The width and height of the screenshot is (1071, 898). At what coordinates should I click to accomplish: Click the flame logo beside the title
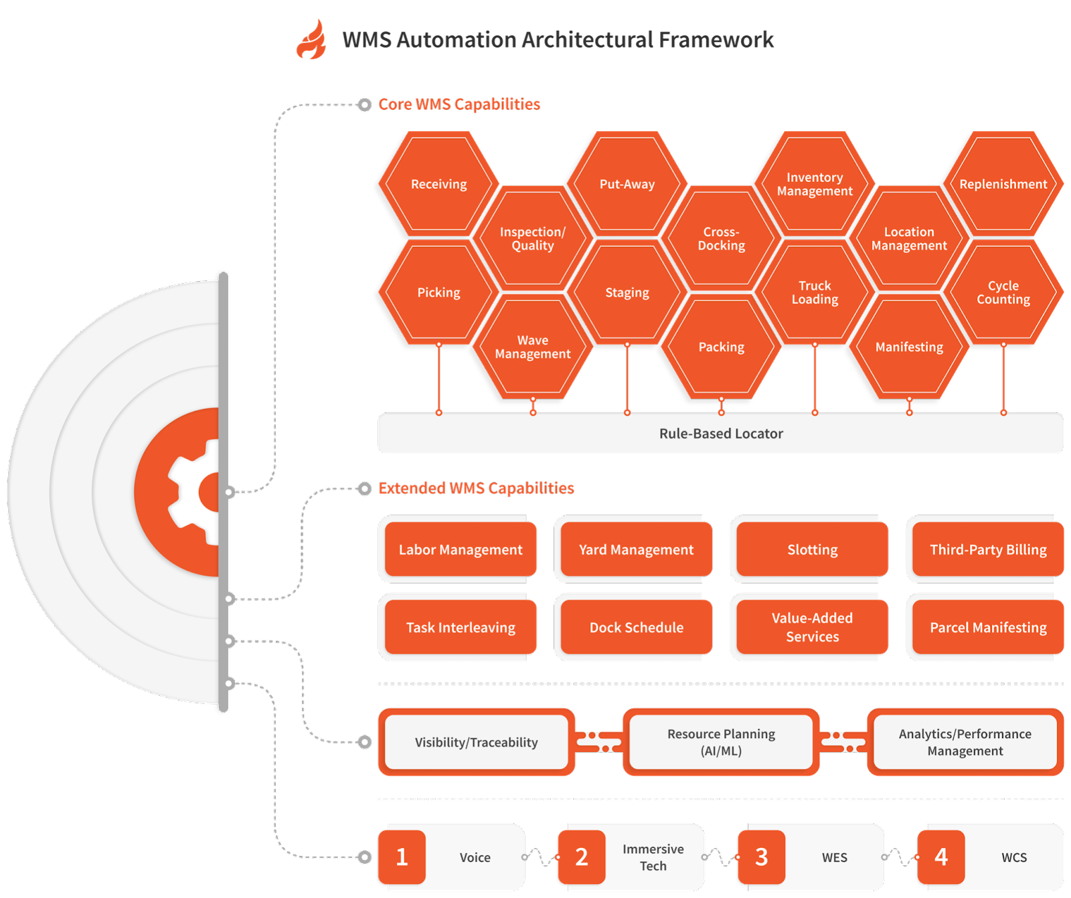point(311,40)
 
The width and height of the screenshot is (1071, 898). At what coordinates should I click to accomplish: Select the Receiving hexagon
point(439,184)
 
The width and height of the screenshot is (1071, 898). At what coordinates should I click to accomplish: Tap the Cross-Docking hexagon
point(721,239)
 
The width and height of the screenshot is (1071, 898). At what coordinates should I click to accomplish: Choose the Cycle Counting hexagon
point(1003,292)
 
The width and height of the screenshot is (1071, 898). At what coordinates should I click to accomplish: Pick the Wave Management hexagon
point(533,347)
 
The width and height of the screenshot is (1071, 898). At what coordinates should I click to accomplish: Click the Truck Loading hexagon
point(815,292)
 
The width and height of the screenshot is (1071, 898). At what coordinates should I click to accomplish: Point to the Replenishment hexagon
point(1003,184)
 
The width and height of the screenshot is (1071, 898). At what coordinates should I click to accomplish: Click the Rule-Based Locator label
point(721,434)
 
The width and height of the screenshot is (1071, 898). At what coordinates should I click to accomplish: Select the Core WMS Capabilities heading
point(459,104)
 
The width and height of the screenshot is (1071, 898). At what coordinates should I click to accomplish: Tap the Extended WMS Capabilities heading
point(476,488)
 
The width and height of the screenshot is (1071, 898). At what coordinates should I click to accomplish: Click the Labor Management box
point(461,549)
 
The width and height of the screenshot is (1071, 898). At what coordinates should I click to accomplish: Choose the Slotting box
point(812,549)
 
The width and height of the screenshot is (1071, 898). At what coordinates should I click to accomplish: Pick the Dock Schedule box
point(636,628)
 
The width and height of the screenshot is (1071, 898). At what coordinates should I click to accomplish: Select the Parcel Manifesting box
point(988,628)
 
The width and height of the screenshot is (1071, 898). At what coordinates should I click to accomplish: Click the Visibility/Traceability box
point(476,742)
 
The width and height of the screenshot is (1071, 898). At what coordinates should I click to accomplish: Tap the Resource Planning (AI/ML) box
point(721,742)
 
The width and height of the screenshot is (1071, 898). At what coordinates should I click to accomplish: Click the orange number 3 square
point(761,857)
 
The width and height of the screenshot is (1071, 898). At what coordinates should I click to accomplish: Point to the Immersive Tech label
point(653,857)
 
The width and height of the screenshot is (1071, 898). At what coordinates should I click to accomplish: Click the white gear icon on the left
point(194,492)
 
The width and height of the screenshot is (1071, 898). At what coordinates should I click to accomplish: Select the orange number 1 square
point(402,857)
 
